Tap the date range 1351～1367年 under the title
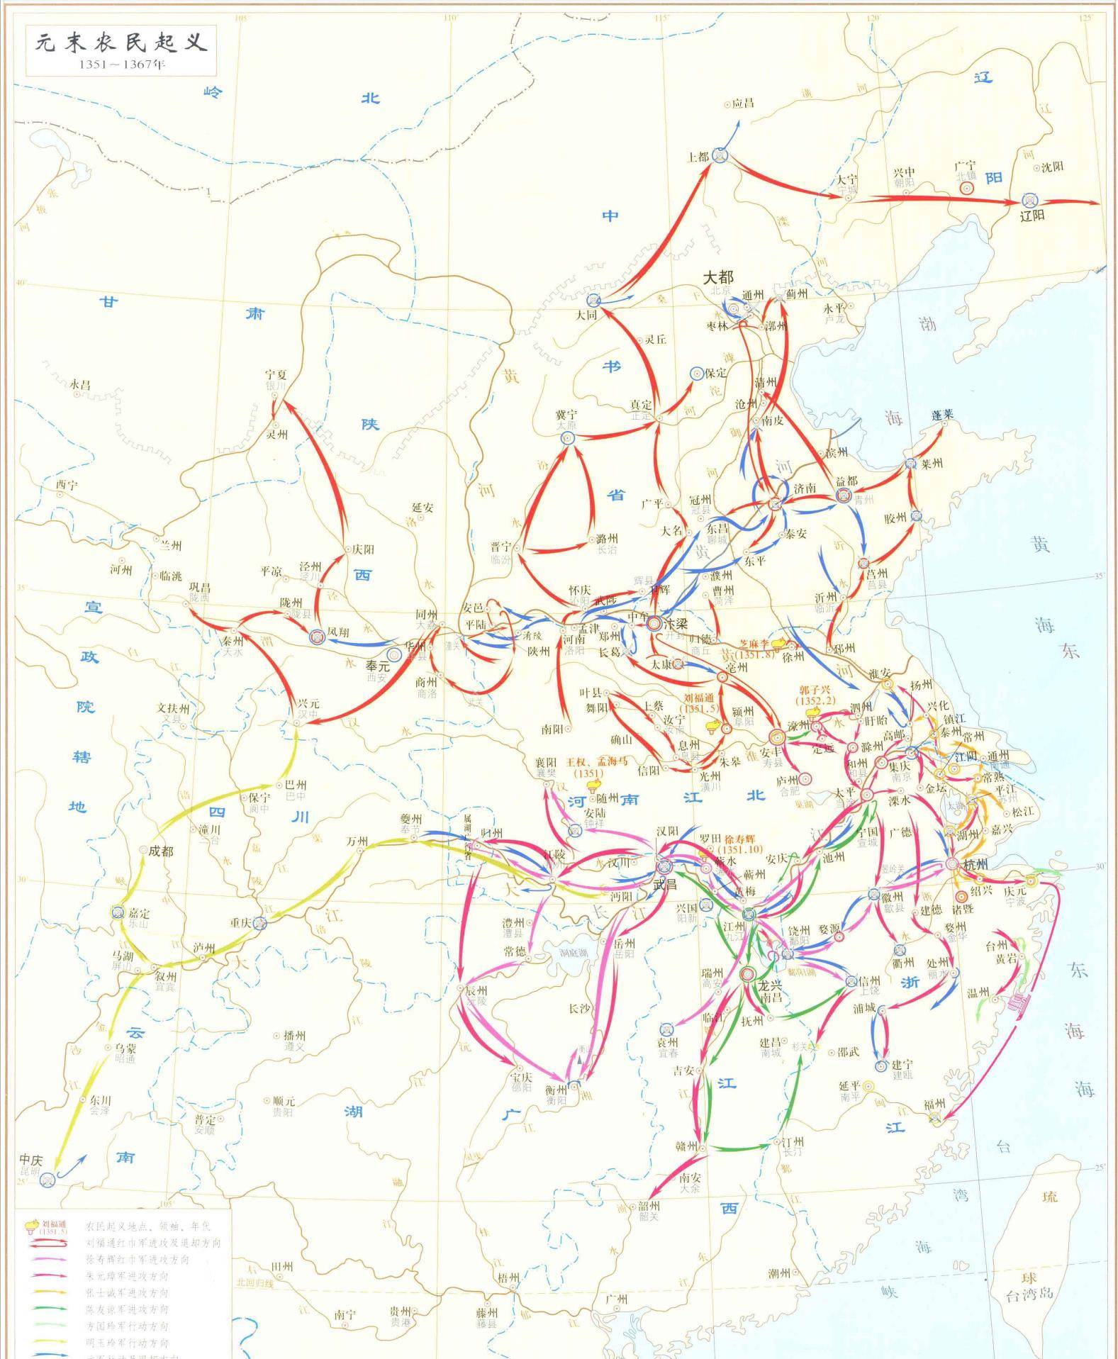pyautogui.click(x=121, y=65)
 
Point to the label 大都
pyautogui.click(x=717, y=278)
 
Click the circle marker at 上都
pyautogui.click(x=720, y=155)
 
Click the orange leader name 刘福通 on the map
pyautogui.click(x=699, y=698)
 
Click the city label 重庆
pyautogui.click(x=241, y=923)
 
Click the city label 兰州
pyautogui.click(x=170, y=545)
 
